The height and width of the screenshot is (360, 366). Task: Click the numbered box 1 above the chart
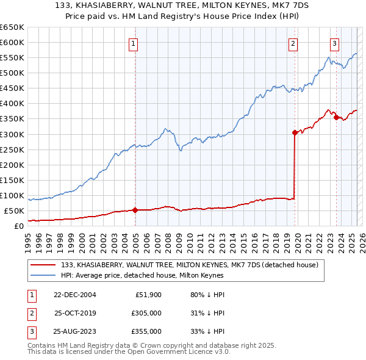133,43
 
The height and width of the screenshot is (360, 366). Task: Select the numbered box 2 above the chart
293,43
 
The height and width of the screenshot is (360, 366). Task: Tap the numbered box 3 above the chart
335,43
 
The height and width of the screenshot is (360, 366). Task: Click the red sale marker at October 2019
295,132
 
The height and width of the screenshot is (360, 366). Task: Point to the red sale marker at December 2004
135,210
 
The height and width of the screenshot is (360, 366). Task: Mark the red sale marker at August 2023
336,117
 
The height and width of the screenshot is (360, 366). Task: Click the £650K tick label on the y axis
12,27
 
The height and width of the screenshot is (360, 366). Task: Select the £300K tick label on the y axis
12,134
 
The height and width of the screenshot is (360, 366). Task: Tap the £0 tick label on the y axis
18,226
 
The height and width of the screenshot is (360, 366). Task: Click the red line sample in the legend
43,265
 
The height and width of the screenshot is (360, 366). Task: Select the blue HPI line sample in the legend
43,275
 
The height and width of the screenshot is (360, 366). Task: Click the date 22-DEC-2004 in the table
74,295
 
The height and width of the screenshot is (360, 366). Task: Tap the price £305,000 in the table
147,313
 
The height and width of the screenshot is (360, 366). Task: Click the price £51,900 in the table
148,295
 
